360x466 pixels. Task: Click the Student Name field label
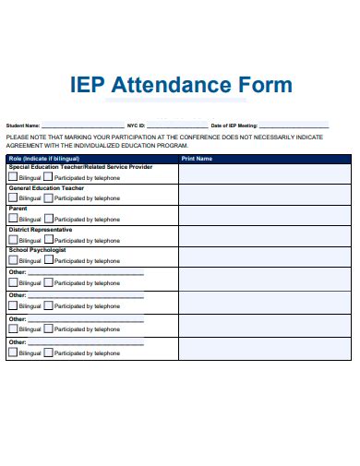(x=23, y=125)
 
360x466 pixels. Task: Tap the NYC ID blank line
(x=174, y=126)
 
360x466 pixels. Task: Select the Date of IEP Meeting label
(x=234, y=125)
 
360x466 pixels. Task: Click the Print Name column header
(x=197, y=159)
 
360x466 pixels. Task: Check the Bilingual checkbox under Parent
(x=13, y=219)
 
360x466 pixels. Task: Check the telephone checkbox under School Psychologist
(x=48, y=260)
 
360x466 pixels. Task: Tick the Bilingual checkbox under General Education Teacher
(x=13, y=197)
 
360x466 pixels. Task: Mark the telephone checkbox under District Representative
(x=48, y=239)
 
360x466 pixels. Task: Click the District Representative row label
(x=37, y=230)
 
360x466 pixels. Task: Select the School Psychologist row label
(x=37, y=250)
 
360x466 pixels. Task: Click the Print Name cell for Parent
(x=266, y=215)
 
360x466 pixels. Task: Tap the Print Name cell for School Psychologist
(x=266, y=257)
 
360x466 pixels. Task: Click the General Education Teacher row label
(x=46, y=188)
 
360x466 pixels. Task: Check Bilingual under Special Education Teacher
(x=13, y=176)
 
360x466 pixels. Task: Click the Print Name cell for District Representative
(x=266, y=235)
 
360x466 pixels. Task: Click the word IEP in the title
(x=87, y=85)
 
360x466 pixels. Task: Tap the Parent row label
(x=18, y=209)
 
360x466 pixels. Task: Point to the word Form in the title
(x=267, y=85)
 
